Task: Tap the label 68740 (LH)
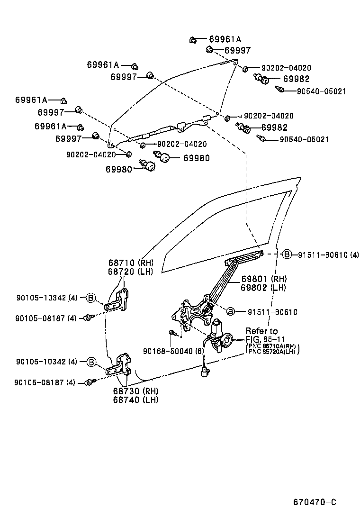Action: click(x=135, y=400)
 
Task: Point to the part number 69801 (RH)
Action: click(x=263, y=279)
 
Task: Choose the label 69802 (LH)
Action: click(x=263, y=287)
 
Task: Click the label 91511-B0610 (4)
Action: click(x=328, y=255)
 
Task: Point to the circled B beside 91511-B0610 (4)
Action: click(x=287, y=255)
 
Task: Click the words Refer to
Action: click(x=261, y=331)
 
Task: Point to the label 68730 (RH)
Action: click(x=135, y=391)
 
